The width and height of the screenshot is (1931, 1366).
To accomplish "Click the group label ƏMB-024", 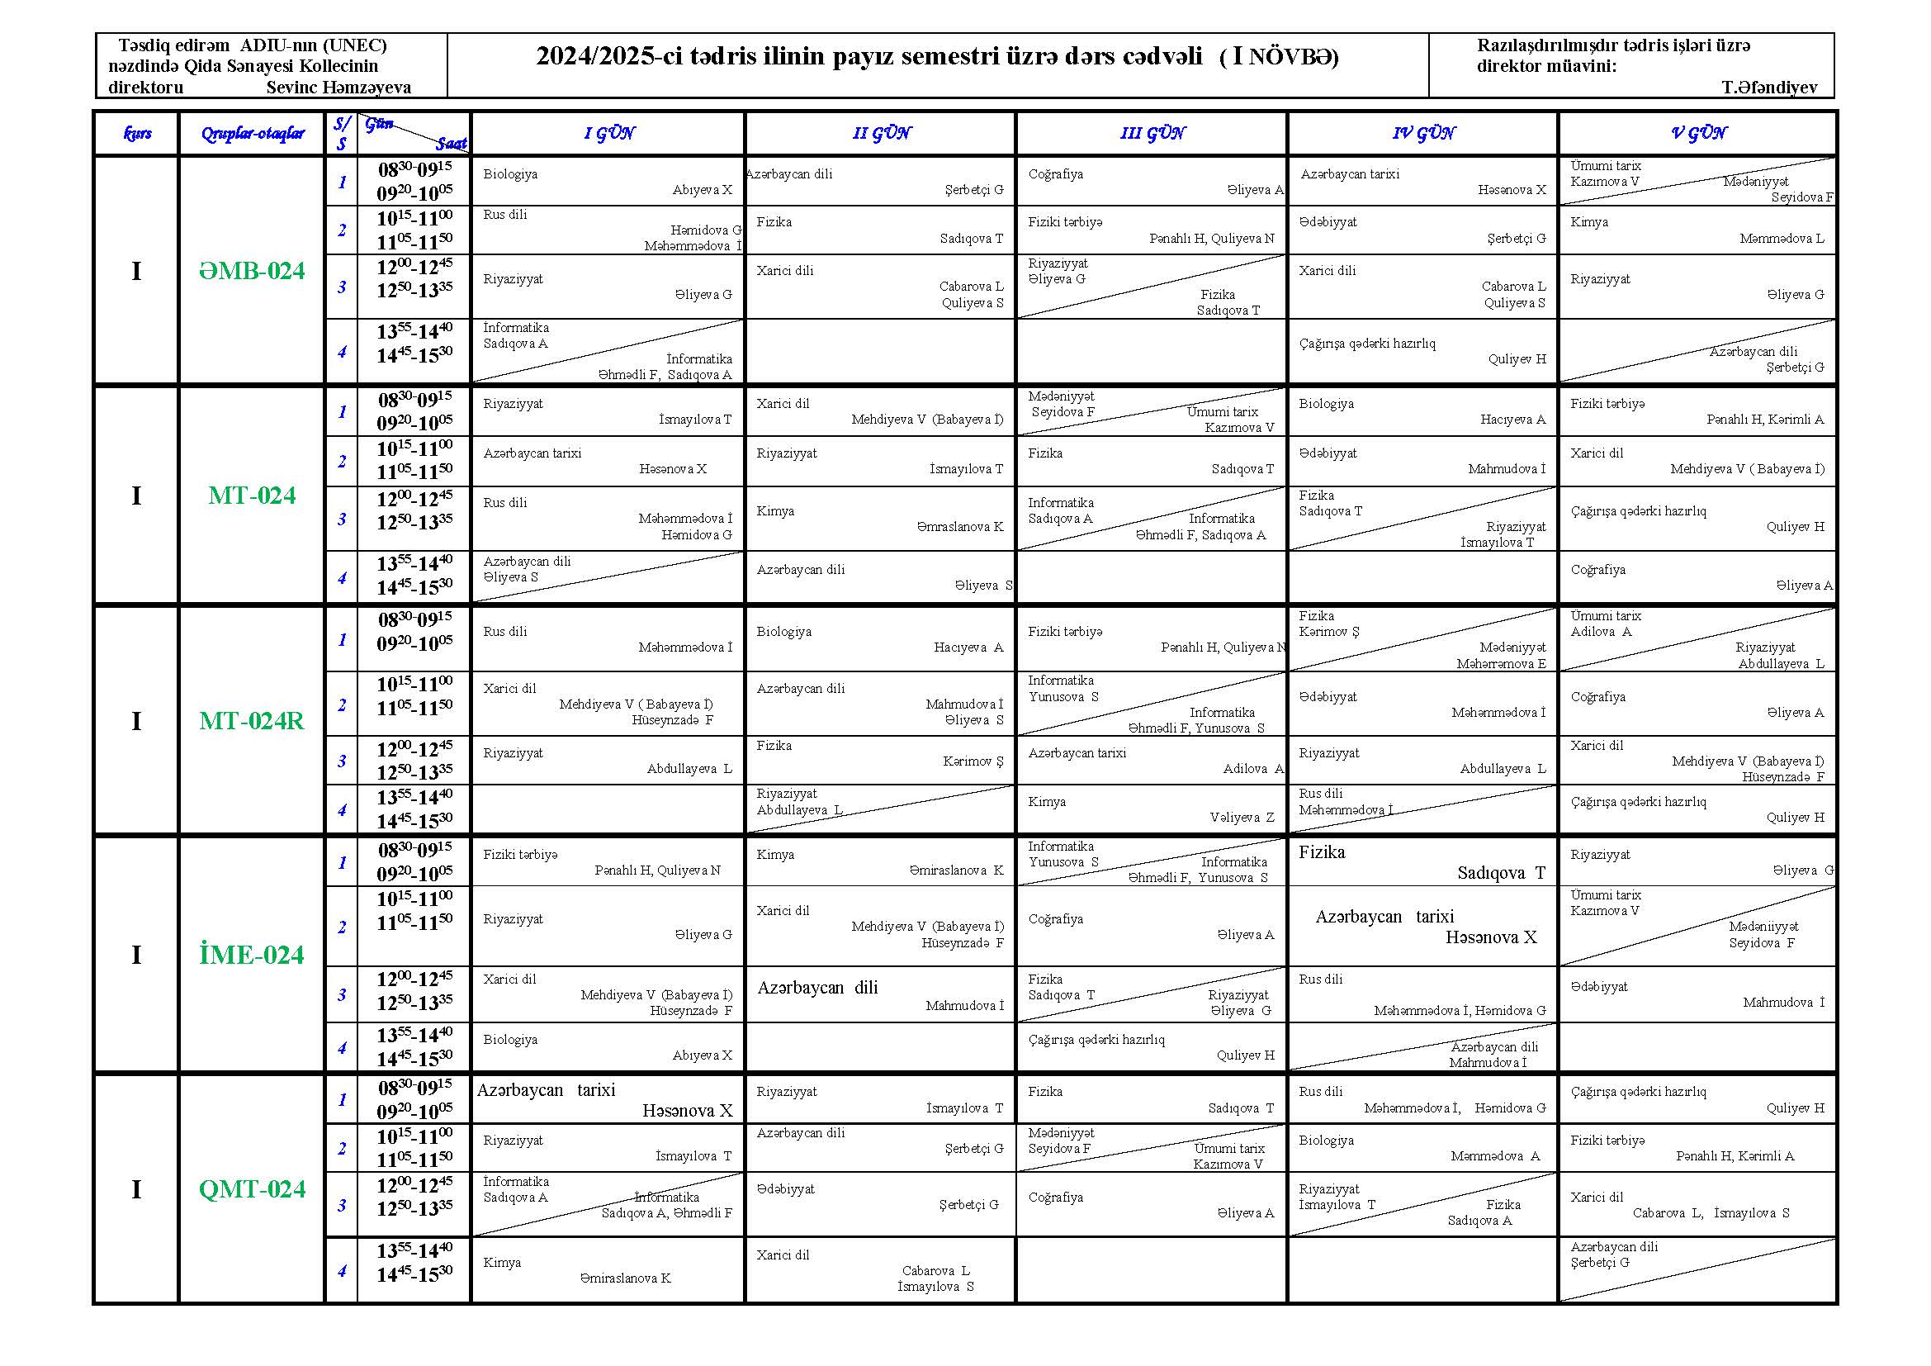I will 252,271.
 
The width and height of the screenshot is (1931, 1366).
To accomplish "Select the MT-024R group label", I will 252,721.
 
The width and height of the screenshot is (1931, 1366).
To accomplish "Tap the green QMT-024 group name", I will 252,1189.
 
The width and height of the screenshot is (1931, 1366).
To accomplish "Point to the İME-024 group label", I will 252,955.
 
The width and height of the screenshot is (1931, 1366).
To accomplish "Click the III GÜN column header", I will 1152,133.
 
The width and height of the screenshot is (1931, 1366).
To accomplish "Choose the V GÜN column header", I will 1698,133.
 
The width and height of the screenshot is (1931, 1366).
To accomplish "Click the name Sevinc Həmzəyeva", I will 338,88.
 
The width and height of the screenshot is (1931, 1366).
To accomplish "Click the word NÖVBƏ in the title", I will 1292,56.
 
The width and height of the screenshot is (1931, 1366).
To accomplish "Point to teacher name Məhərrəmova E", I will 1501,664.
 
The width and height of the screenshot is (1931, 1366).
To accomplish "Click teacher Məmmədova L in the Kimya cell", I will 1782,239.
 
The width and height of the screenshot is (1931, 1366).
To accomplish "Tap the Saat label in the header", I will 451,144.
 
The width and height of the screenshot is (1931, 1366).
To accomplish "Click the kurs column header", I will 137,133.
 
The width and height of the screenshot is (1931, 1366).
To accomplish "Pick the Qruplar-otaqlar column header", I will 252,133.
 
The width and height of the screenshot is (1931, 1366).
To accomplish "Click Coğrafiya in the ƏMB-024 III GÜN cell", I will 1056,174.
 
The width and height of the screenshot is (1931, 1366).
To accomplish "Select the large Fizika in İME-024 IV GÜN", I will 1321,852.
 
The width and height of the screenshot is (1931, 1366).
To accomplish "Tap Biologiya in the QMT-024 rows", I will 1327,1141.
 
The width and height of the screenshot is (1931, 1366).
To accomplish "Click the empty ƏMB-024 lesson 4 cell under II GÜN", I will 880,352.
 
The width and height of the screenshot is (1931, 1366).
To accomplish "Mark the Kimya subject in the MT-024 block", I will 774,511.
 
